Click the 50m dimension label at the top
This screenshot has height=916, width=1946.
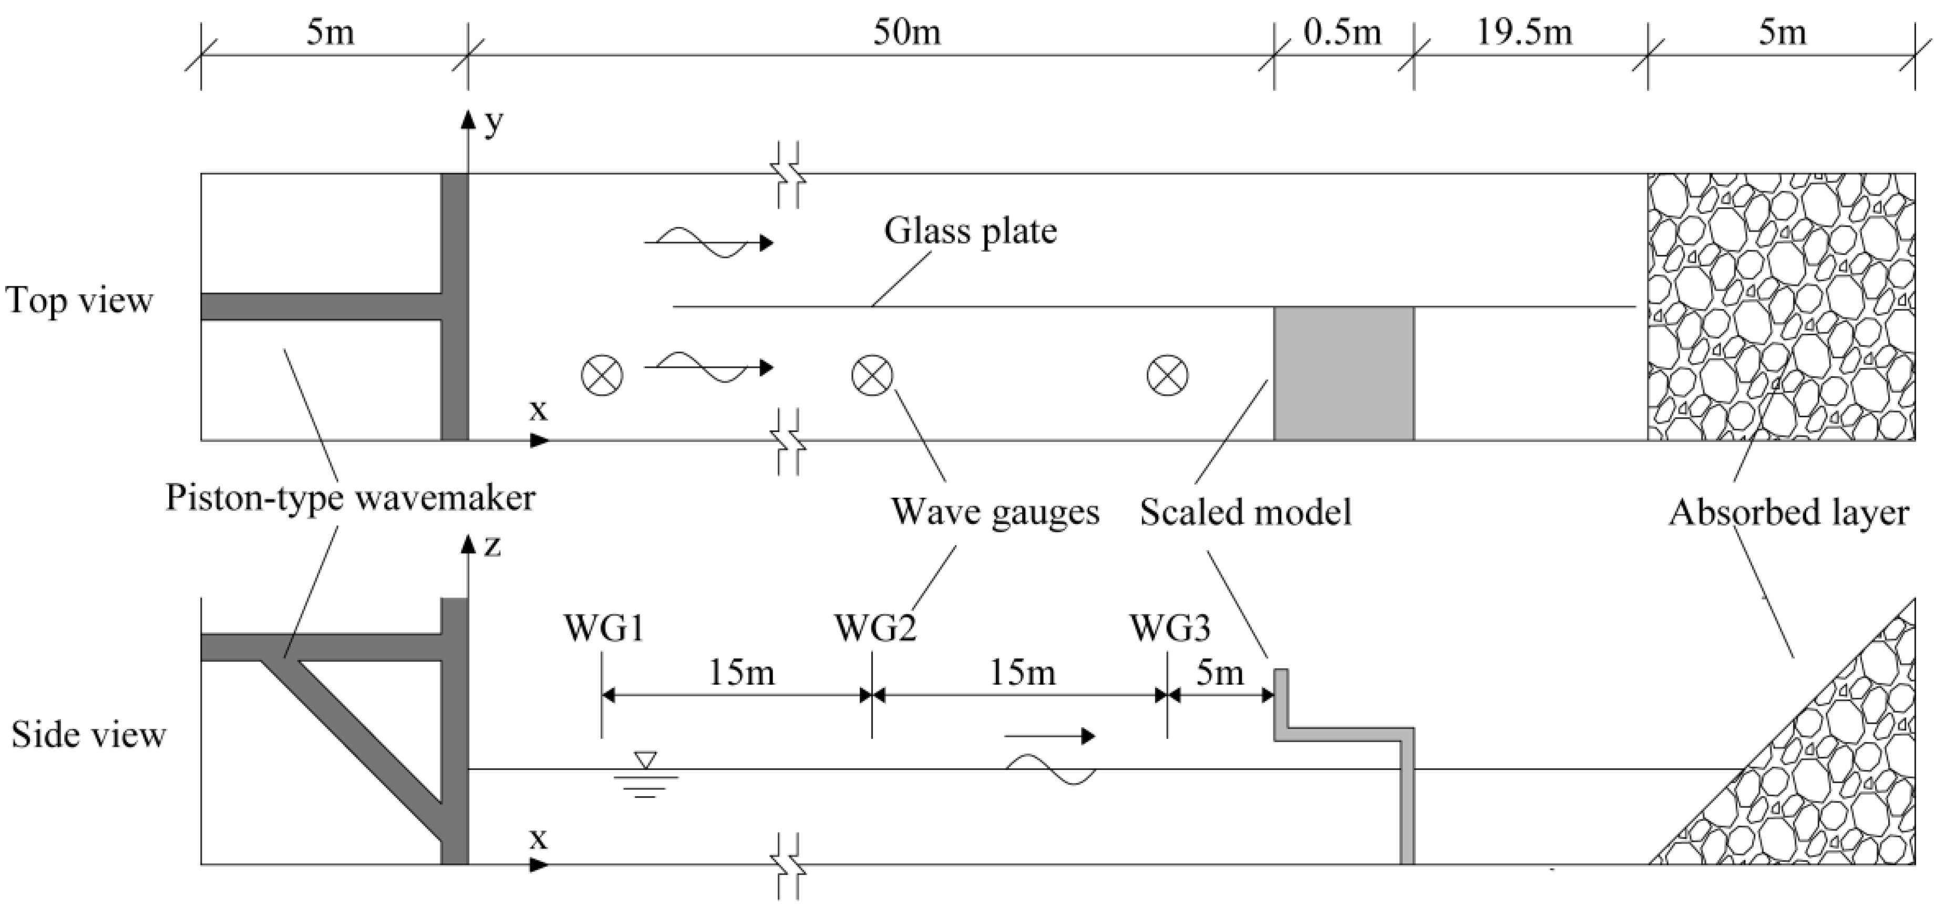pyautogui.click(x=907, y=33)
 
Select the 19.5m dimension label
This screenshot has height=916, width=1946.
pyautogui.click(x=1525, y=33)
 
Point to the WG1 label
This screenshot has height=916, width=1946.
pyautogui.click(x=604, y=629)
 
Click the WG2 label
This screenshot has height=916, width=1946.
pyautogui.click(x=875, y=629)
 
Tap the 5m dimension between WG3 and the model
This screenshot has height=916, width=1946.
pyautogui.click(x=1219, y=673)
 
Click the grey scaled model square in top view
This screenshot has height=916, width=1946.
pyautogui.click(x=1343, y=373)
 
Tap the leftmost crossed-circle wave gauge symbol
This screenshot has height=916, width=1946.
pyautogui.click(x=602, y=375)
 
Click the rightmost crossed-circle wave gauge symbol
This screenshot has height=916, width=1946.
pyautogui.click(x=1167, y=375)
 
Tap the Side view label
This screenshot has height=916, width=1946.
pyautogui.click(x=88, y=735)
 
